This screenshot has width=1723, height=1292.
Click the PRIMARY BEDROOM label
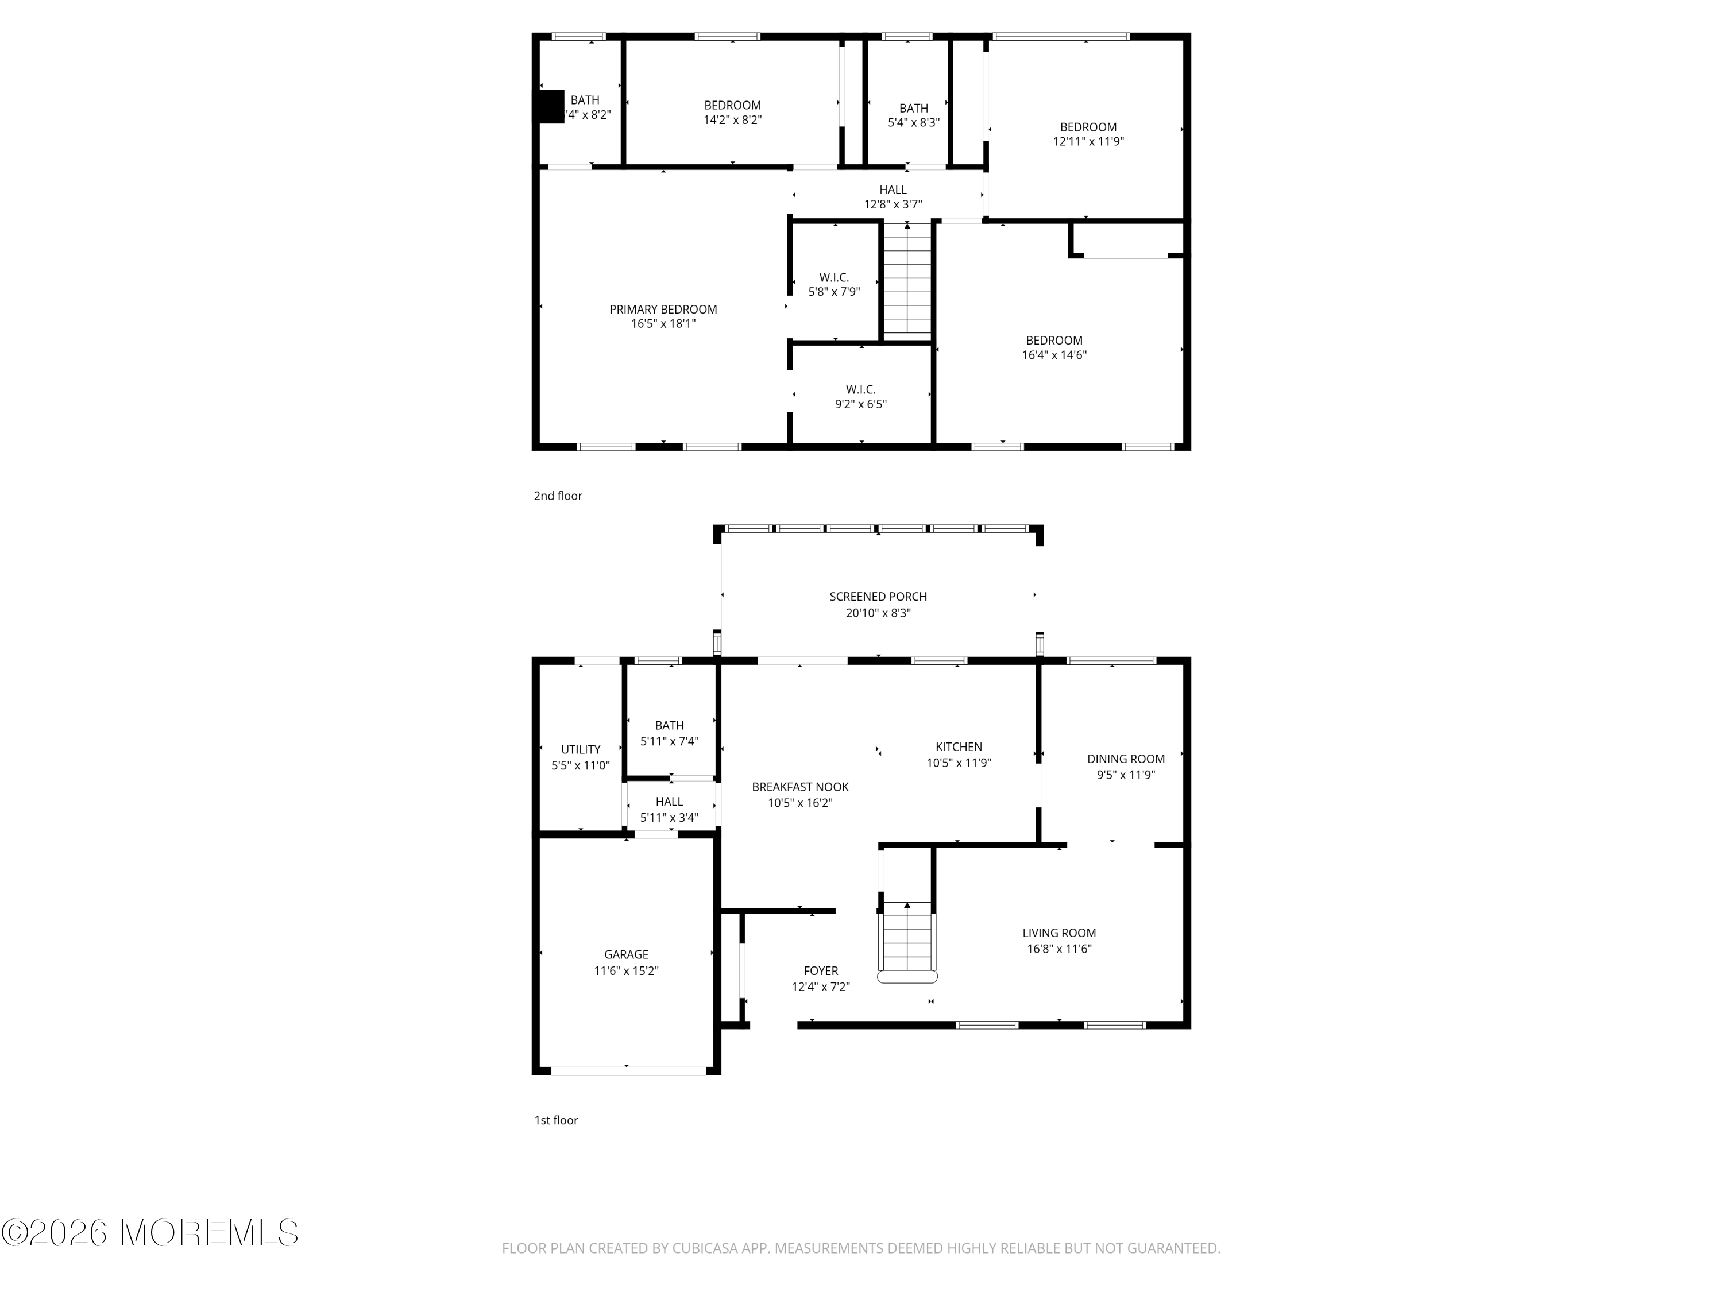pyautogui.click(x=663, y=309)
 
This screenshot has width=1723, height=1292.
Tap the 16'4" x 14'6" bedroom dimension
pyautogui.click(x=1054, y=355)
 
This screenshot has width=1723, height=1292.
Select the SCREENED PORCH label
pyautogui.click(x=878, y=597)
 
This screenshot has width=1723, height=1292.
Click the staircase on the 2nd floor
pyautogui.click(x=907, y=280)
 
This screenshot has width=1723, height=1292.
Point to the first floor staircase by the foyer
pyautogui.click(x=907, y=938)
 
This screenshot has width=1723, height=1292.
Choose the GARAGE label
pyautogui.click(x=625, y=954)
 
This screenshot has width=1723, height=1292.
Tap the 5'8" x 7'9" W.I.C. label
pyautogui.click(x=833, y=284)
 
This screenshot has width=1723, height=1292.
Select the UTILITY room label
pyautogui.click(x=580, y=749)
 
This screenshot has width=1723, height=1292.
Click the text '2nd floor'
pyautogui.click(x=558, y=496)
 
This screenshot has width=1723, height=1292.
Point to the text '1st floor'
pyautogui.click(x=555, y=1120)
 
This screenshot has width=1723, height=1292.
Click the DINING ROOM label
pyautogui.click(x=1126, y=759)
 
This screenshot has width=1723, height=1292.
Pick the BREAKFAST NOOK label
pyautogui.click(x=800, y=787)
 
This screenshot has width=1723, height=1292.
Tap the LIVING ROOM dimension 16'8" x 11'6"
pyautogui.click(x=1058, y=949)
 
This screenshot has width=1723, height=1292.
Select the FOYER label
pyautogui.click(x=820, y=970)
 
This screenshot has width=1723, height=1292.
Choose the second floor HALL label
pyautogui.click(x=893, y=189)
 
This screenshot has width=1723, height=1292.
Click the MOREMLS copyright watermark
pyautogui.click(x=149, y=1232)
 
